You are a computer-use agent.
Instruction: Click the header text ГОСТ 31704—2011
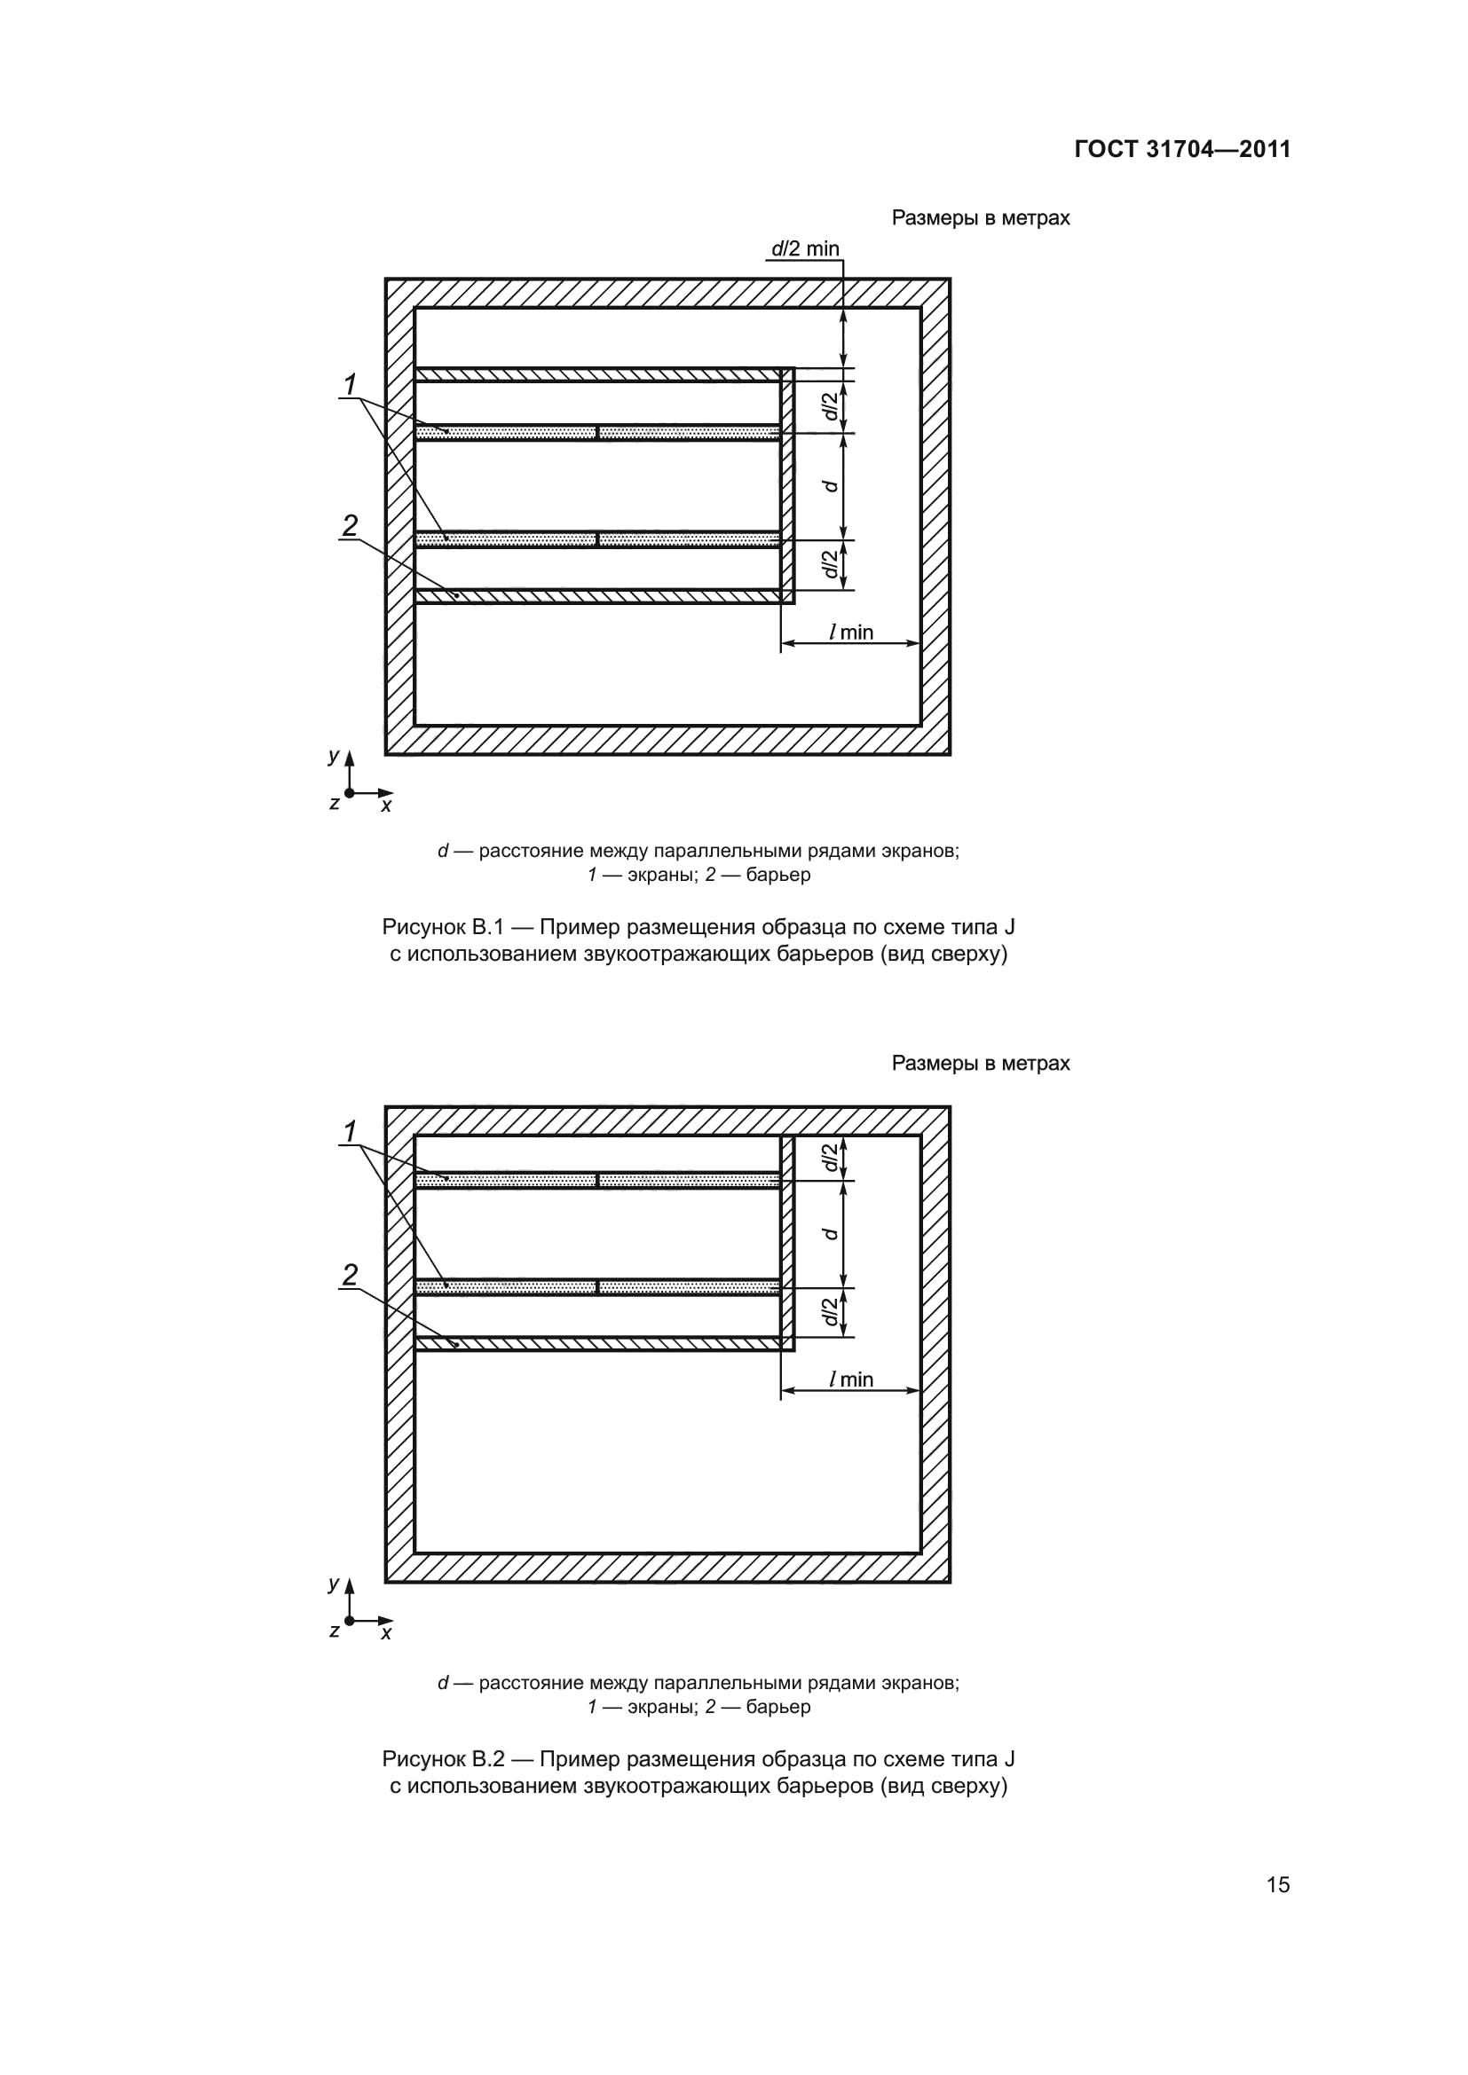point(1182,150)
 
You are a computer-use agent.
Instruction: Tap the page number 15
point(1278,1884)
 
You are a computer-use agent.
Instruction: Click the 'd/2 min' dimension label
point(804,248)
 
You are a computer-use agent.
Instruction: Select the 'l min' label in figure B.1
point(851,632)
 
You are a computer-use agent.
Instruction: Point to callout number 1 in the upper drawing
point(350,385)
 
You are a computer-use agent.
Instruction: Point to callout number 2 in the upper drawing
point(350,525)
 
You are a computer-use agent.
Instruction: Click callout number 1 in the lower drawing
point(350,1130)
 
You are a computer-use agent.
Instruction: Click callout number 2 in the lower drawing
point(350,1274)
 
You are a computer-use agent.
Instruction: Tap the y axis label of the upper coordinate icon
point(334,757)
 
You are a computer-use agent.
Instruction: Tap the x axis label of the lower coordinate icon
point(386,1634)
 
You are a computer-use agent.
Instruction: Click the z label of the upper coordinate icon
point(334,804)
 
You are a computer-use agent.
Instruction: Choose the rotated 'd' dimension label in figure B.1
point(831,486)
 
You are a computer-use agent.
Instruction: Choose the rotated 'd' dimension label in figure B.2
point(831,1234)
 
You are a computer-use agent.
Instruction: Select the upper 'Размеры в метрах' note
point(981,218)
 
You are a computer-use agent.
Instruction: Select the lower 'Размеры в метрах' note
point(981,1064)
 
